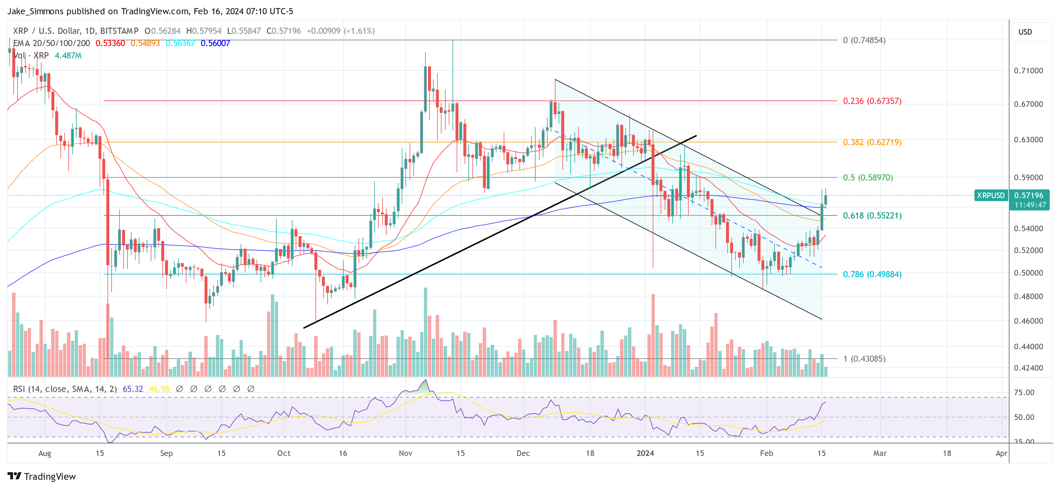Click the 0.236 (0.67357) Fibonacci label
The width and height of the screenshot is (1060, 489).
pyautogui.click(x=872, y=101)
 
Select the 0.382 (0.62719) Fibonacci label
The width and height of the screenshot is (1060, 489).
pyautogui.click(x=872, y=142)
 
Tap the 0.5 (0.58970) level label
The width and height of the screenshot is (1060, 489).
pyautogui.click(x=867, y=177)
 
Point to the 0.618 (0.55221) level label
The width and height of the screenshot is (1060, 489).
pyautogui.click(x=872, y=215)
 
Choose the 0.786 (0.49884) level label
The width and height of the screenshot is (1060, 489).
pyautogui.click(x=872, y=274)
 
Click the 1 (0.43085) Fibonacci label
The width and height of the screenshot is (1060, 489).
pyautogui.click(x=864, y=359)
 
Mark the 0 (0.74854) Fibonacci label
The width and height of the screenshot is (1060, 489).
pyautogui.click(x=864, y=40)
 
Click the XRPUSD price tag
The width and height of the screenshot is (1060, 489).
pyautogui.click(x=990, y=195)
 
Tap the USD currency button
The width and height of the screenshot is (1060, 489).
pyautogui.click(x=1025, y=32)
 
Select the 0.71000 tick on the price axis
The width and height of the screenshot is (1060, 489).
pyautogui.click(x=1028, y=70)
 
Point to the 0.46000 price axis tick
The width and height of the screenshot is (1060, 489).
pyautogui.click(x=1028, y=321)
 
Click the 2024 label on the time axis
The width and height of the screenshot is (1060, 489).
pyautogui.click(x=645, y=453)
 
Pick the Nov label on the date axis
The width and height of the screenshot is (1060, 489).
pyautogui.click(x=405, y=453)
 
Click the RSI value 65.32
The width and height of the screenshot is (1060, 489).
pyautogui.click(x=133, y=388)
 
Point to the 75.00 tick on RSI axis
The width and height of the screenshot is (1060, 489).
pyautogui.click(x=1024, y=392)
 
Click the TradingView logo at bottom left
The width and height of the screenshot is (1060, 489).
pyautogui.click(x=41, y=476)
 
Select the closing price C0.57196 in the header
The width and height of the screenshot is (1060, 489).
pyautogui.click(x=283, y=31)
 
